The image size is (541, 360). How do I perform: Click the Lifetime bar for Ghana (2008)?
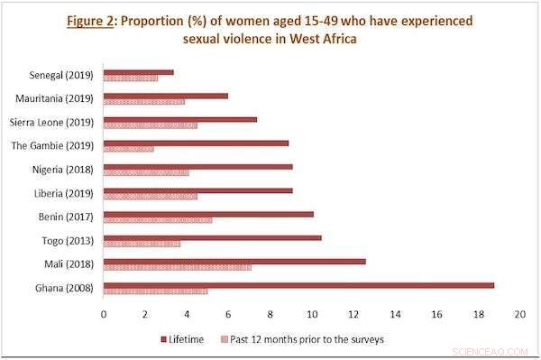coord(298,286)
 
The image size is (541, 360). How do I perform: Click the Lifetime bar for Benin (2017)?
coord(208,215)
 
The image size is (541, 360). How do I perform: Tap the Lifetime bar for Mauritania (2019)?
coord(166,96)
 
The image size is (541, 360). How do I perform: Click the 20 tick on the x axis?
coord(519,314)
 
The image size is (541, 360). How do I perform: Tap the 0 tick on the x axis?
coord(104,314)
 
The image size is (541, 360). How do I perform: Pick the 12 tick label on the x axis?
coord(353,314)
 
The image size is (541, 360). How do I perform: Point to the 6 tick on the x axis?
coord(229,314)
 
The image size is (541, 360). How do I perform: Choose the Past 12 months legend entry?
coord(307,339)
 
